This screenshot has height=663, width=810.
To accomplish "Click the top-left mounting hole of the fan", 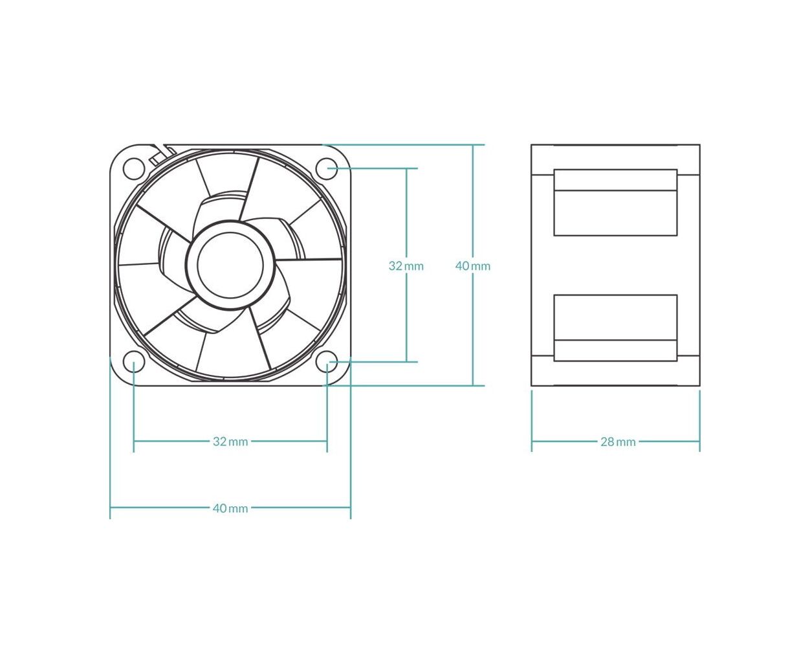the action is point(134,168).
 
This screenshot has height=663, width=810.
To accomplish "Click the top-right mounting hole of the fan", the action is point(327,168).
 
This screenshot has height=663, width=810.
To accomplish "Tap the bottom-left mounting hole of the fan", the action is point(134,362).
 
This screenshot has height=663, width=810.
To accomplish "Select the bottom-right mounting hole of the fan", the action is point(327,362).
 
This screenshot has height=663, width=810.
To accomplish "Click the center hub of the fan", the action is point(230,265).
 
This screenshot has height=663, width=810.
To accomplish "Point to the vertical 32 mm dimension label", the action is point(406,266).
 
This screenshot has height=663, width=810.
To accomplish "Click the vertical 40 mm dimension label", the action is point(473,266).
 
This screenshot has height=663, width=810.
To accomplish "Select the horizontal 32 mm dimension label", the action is point(230,442).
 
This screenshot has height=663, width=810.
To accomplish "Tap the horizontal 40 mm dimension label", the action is point(230,508).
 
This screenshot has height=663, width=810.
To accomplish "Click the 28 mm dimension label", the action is point(618,442).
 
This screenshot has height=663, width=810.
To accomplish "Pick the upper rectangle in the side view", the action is point(615,203).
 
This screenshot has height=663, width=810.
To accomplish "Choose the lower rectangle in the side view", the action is point(615,328).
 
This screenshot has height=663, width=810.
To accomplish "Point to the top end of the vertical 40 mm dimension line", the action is point(473,145).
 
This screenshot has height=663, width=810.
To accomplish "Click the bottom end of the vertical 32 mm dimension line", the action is point(406,362).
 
